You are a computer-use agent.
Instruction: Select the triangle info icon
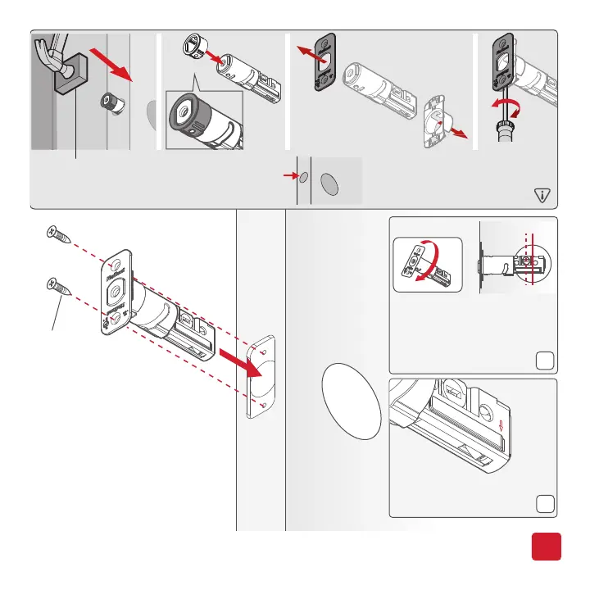[541, 194]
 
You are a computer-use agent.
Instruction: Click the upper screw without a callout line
[59, 236]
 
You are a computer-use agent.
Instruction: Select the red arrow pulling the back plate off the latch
[457, 131]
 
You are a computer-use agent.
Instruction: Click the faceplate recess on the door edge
[261, 376]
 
